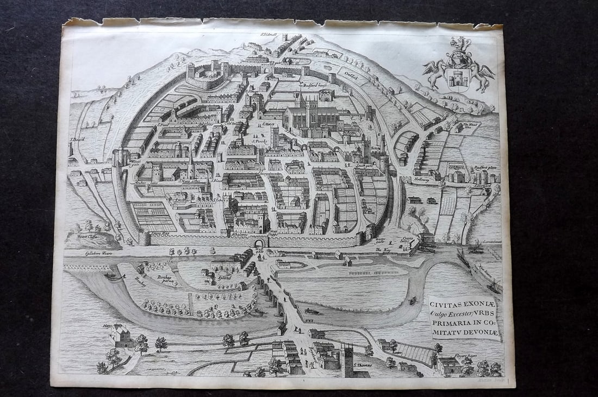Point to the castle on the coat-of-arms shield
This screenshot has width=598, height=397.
[458, 78]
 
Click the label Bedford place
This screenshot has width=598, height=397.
[485, 168]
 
